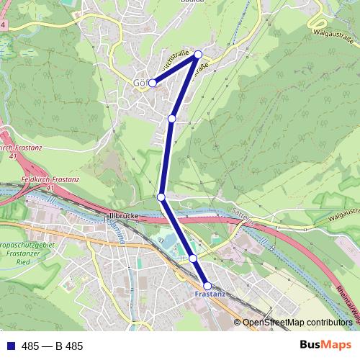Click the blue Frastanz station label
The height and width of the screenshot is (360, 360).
pyautogui.click(x=210, y=294)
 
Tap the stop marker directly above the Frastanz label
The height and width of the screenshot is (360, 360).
pyautogui.click(x=207, y=286)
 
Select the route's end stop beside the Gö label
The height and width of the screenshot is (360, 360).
pyautogui.click(x=152, y=84)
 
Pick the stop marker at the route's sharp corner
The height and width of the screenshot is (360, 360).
pyautogui.click(x=198, y=54)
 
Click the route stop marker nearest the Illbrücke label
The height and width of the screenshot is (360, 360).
pyautogui.click(x=161, y=197)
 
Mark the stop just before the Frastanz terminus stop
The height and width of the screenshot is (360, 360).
pyautogui.click(x=193, y=258)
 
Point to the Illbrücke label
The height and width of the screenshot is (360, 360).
pyautogui.click(x=122, y=215)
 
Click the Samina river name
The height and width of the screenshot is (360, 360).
pyautogui.click(x=114, y=232)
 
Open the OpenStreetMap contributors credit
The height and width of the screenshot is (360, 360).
pyautogui.click(x=297, y=323)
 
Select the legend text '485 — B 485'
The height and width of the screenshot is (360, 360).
pyautogui.click(x=52, y=346)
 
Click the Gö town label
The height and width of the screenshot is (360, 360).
pyautogui.click(x=139, y=83)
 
